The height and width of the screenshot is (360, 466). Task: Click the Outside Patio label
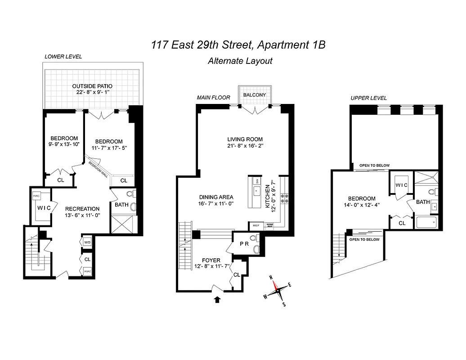[92, 86]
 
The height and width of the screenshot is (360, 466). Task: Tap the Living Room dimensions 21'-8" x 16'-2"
[245, 146]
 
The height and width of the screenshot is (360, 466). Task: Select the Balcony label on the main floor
[255, 95]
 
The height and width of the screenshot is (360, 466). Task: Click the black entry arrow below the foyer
[218, 299]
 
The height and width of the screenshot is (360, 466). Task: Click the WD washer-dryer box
[87, 243]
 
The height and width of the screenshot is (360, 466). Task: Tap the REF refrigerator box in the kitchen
[255, 225]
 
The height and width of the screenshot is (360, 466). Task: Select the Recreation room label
[82, 209]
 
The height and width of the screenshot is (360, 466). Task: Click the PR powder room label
[244, 243]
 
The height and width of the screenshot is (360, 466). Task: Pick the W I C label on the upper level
[401, 185]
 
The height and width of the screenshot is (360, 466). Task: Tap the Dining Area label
[216, 197]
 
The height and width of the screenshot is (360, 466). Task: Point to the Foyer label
[211, 260]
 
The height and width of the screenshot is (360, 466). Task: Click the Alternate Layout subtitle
[240, 61]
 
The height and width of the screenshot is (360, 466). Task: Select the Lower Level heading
[63, 56]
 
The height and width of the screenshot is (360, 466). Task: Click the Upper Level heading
[368, 98]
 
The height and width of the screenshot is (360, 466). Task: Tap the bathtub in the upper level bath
[426, 222]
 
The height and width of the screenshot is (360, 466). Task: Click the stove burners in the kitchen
[284, 199]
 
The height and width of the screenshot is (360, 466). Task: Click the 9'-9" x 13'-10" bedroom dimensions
[64, 144]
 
